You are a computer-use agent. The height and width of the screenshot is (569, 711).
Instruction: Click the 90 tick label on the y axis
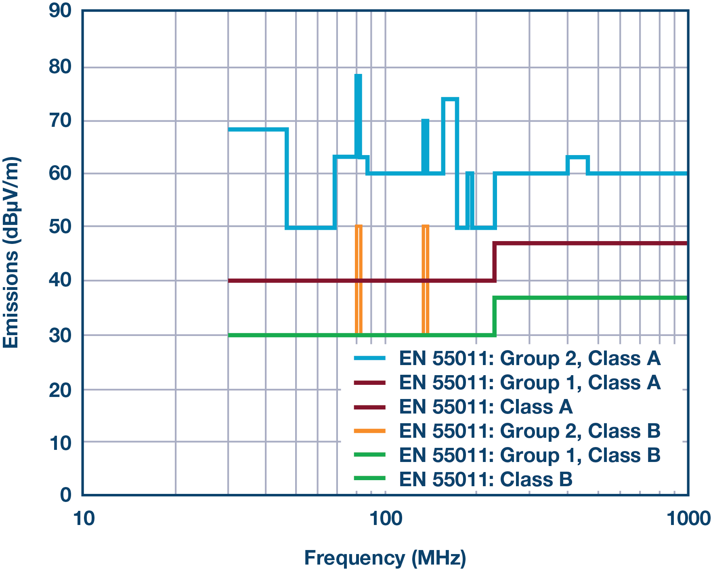point(60,11)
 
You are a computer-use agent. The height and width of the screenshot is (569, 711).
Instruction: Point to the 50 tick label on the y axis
point(60,227)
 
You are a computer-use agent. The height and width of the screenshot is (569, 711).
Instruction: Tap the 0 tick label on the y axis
point(65,495)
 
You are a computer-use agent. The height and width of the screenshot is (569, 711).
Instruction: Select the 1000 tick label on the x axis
point(688,519)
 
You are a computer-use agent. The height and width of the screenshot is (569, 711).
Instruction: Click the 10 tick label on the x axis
point(84,519)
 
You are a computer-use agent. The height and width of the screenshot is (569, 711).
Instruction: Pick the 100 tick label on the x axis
point(386,519)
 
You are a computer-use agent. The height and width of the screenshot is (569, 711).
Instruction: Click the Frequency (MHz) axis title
point(385,558)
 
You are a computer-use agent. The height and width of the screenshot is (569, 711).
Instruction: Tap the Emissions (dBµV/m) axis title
point(11,252)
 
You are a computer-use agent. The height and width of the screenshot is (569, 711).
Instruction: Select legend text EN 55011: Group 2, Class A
point(529,359)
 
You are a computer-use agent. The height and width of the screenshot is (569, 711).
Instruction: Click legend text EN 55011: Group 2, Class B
point(529,431)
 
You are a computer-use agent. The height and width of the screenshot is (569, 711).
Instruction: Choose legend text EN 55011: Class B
point(486,479)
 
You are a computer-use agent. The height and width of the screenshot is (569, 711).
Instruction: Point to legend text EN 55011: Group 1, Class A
point(529,382)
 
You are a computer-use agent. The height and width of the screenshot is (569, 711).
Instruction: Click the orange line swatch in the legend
point(369,431)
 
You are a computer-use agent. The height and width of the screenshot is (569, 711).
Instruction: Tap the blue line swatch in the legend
point(369,359)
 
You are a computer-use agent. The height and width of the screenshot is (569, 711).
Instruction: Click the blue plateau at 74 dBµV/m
point(450,99)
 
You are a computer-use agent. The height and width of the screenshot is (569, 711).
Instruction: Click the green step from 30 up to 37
point(495,316)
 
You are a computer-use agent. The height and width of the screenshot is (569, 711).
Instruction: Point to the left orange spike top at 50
point(359,226)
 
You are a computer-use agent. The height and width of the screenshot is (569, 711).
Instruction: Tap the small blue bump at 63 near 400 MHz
point(578,157)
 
